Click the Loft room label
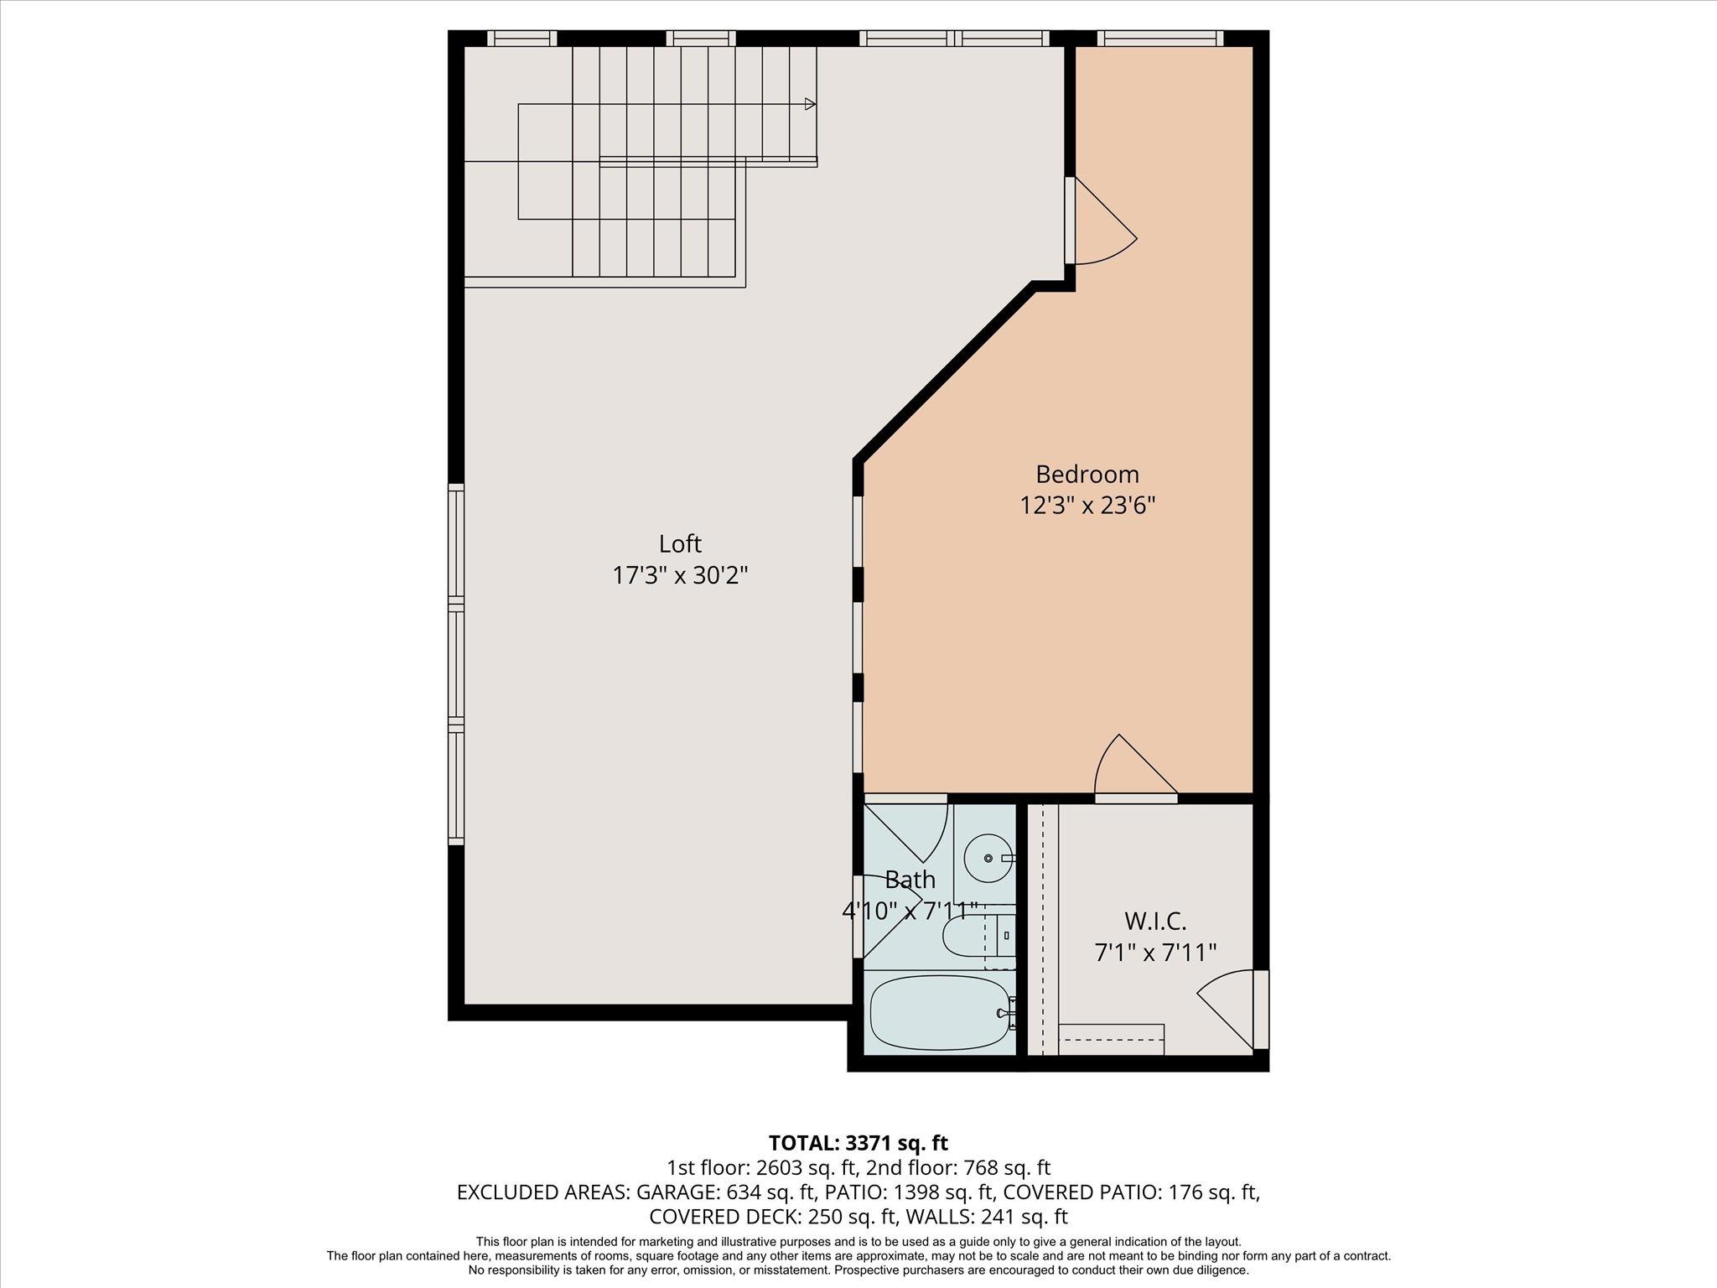(x=680, y=543)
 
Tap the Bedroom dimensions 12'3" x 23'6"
(x=1087, y=506)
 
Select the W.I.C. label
(x=1155, y=921)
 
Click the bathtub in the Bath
(x=940, y=1012)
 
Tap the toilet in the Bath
(x=973, y=936)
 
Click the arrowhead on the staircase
(x=810, y=104)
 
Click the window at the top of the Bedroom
(x=1159, y=38)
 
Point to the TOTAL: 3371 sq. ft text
(x=858, y=1142)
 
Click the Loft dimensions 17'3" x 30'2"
(x=680, y=575)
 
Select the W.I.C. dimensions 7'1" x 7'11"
(x=1155, y=953)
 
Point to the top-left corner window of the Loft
(x=521, y=38)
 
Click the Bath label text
(x=910, y=880)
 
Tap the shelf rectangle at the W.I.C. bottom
(x=1111, y=1039)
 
